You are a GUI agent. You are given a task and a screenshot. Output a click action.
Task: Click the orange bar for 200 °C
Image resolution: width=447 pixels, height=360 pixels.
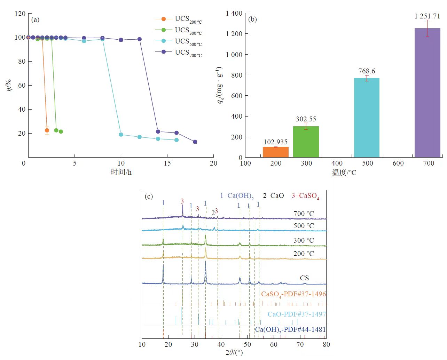tap(275, 152)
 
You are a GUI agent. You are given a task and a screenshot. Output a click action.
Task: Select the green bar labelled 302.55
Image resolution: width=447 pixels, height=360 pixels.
tap(306, 142)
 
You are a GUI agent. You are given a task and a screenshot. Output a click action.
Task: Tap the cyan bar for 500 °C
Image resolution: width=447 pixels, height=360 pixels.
tap(367, 118)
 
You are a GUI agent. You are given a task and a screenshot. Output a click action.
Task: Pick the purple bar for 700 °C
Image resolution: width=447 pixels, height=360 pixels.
tap(427, 93)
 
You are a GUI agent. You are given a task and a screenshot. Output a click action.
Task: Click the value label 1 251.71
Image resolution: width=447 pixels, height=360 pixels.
tap(427, 16)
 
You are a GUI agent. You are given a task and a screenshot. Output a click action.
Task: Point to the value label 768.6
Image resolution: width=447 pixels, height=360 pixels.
tap(367, 71)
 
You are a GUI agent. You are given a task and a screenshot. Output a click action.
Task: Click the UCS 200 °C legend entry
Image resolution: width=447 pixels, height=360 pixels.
tap(178, 19)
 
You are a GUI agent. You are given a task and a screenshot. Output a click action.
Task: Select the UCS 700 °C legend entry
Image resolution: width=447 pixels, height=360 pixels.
tap(178, 53)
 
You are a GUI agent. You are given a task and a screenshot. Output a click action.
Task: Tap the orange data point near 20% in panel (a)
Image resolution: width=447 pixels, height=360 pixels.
tap(47, 130)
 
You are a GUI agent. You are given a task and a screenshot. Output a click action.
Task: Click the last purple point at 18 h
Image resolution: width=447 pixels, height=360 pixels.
tap(195, 142)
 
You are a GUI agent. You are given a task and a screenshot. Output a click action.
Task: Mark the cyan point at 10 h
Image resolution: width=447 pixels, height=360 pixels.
tap(121, 135)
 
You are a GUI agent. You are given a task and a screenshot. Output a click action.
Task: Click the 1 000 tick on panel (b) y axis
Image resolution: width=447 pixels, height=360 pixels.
tap(234, 55)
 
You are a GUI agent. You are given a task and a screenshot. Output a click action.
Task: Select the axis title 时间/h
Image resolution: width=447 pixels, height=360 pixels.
tap(121, 172)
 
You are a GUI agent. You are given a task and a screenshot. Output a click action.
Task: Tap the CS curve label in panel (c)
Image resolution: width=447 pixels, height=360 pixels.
tap(304, 278)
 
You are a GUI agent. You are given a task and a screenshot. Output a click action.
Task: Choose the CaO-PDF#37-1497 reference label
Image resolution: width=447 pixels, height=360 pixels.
tap(297, 314)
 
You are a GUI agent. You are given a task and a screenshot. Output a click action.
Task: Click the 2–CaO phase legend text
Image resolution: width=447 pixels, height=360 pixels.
tap(273, 196)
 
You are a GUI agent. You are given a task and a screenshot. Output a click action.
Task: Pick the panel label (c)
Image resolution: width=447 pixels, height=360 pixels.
tap(149, 197)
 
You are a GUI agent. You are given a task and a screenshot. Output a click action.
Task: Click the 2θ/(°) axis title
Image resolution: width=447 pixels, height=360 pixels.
tap(234, 353)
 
